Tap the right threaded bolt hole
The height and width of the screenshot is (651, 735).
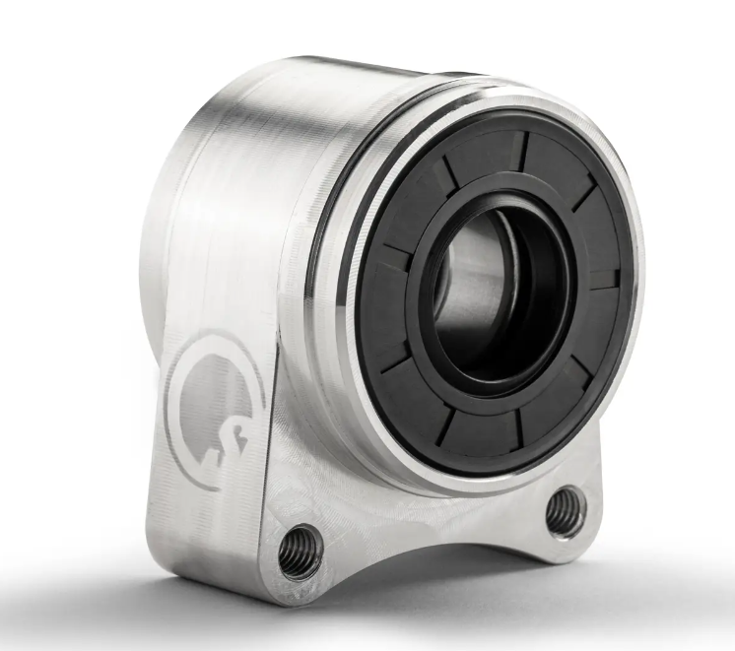coord(567,509)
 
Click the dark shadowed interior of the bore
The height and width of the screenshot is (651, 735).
coord(522,295)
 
